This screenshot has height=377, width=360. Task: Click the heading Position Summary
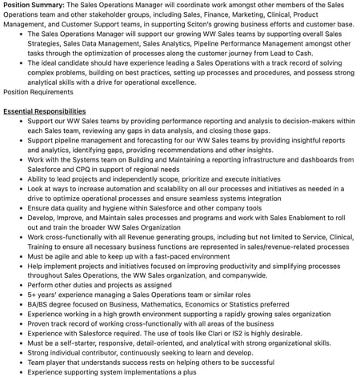33,5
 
